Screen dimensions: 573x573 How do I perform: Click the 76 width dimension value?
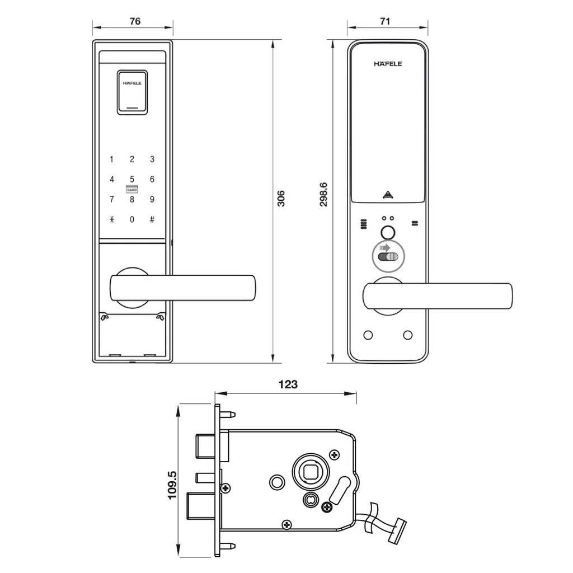[135, 21]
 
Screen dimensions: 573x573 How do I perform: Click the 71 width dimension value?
[385, 21]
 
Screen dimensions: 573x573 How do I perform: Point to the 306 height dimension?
[281, 199]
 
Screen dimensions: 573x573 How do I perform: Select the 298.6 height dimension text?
[323, 195]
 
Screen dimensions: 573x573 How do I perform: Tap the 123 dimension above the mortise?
[288, 384]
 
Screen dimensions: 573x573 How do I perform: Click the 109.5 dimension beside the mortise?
[172, 485]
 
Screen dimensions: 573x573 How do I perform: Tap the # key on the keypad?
[152, 219]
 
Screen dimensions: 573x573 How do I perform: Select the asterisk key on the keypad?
[112, 219]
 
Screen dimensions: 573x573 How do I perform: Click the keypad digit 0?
[132, 219]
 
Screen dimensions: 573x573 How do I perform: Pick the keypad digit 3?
[152, 159]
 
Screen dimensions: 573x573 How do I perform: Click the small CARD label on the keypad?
[132, 190]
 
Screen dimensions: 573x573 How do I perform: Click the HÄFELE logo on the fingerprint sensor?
[132, 83]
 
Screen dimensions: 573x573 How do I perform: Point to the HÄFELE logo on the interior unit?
[388, 64]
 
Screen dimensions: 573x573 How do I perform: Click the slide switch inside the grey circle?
[388, 256]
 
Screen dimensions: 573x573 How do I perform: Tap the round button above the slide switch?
[388, 233]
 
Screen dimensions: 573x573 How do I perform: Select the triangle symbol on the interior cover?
[388, 195]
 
